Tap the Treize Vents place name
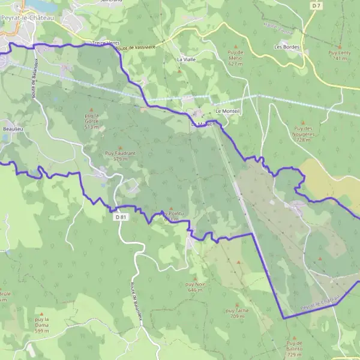pyautogui.click(x=106, y=43)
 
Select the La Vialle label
pyautogui.click(x=186, y=60)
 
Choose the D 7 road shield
pyautogui.click(x=317, y=5)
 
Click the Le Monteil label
pyautogui.click(x=227, y=112)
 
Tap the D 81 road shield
pyautogui.click(x=121, y=217)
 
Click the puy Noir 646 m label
pyautogui.click(x=195, y=287)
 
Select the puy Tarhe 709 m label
pyautogui.click(x=237, y=313)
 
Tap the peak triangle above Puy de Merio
pyautogui.click(x=235, y=46)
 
